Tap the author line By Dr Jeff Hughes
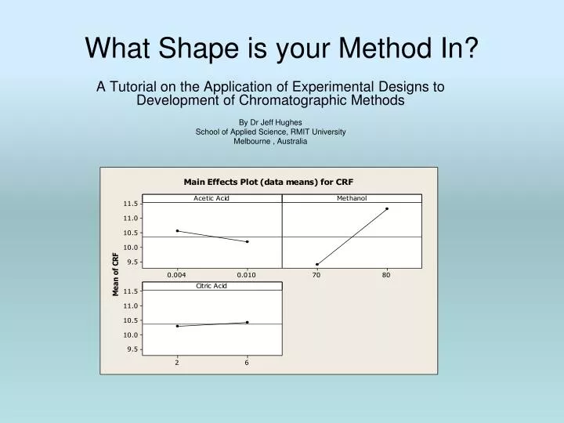pos(270,122)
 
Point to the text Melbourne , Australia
pos(270,141)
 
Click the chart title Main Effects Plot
pos(269,181)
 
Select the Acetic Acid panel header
pos(211,198)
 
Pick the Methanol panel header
pos(352,198)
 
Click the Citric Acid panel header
pos(211,286)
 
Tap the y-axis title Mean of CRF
pos(116,274)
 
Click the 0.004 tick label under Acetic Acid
pos(178,275)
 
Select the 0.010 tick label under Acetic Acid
pos(247,275)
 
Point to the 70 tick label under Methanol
pos(316,275)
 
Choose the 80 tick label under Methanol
pos(386,275)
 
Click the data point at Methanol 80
pos(386,208)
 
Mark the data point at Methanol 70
pos(317,264)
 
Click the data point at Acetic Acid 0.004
pos(178,231)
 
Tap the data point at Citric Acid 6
pos(247,322)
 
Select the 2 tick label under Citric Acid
pos(177,363)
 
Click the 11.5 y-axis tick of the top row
pos(130,204)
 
